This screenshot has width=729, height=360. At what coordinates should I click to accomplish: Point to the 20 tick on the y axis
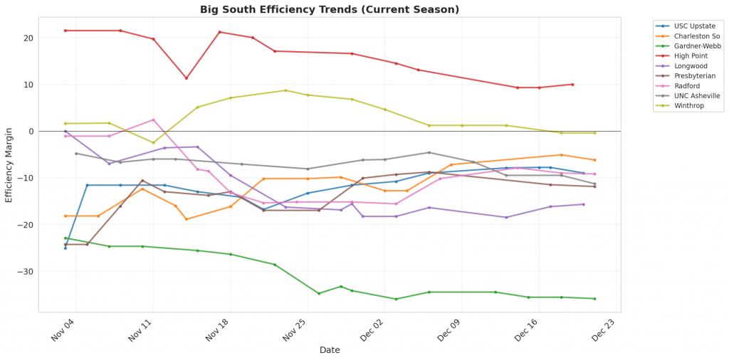28,38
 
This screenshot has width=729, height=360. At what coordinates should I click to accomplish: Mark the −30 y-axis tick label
26,271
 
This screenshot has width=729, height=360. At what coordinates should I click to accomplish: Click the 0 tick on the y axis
31,131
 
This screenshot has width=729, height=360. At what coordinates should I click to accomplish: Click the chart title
330,9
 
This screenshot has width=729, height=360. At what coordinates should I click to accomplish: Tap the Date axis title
330,350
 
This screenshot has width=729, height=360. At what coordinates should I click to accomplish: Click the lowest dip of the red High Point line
187,78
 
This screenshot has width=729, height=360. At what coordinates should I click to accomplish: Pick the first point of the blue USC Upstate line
65,248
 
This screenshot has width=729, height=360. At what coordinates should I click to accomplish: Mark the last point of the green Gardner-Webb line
594,299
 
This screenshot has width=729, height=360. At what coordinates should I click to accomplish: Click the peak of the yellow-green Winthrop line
285,90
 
